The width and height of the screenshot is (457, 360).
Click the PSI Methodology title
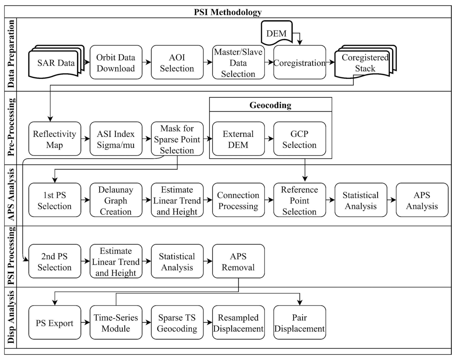pos(228,12)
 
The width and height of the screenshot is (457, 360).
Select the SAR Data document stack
pos(56,63)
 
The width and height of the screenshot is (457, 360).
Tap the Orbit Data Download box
pos(116,62)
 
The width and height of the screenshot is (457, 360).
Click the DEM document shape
pos(276,33)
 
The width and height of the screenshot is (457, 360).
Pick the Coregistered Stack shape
pos(365,63)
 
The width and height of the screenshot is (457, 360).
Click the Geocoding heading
pos(270,105)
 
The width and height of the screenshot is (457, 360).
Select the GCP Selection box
pos(299,139)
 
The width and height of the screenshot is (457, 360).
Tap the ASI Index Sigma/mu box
pos(116,139)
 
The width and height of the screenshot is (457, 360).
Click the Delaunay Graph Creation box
pos(116,200)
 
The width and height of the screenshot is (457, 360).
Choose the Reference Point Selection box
pos(299,200)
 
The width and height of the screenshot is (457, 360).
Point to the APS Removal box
pos(238,261)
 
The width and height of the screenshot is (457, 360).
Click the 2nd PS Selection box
pos(55,261)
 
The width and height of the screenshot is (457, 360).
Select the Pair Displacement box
pos(299,323)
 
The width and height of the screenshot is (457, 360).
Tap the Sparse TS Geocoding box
pos(177,323)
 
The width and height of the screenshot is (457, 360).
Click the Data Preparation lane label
pos(11,54)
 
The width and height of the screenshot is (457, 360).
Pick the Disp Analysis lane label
pos(11,317)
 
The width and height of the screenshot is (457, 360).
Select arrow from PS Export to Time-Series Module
pos(85,322)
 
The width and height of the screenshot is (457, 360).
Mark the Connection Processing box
pos(238,200)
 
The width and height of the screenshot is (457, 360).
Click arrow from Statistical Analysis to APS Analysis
pos(391,200)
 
